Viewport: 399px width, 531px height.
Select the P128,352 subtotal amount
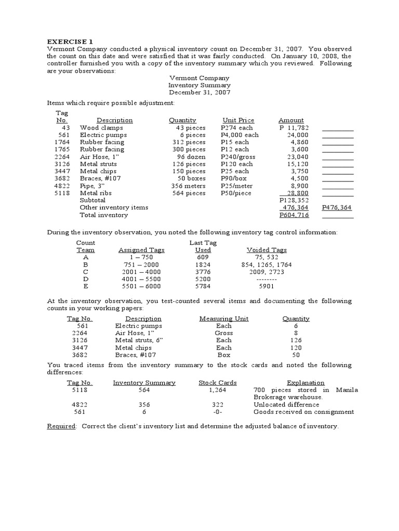(x=294, y=200)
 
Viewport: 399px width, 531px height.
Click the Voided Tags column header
(x=267, y=250)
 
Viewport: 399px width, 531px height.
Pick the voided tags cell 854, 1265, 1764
(x=267, y=264)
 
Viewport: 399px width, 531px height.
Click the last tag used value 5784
(x=203, y=286)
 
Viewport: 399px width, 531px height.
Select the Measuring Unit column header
(x=224, y=319)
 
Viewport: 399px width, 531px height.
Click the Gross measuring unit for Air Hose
(x=224, y=333)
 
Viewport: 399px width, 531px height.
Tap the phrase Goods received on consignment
(x=303, y=412)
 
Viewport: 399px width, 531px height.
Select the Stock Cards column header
(x=218, y=383)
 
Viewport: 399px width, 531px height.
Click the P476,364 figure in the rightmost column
(x=336, y=207)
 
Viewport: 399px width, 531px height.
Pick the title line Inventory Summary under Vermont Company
(x=199, y=85)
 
